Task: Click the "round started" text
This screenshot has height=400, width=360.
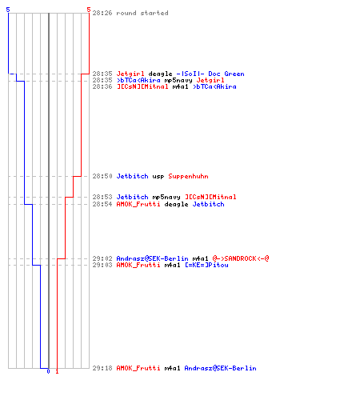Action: click(142, 13)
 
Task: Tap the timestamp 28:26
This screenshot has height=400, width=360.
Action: click(102, 13)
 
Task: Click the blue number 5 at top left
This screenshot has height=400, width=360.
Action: click(8, 10)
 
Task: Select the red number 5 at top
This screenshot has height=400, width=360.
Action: click(89, 10)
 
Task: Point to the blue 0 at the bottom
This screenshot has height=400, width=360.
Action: click(48, 371)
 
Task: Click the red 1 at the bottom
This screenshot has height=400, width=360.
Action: click(57, 371)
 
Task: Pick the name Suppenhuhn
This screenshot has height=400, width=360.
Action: click(188, 176)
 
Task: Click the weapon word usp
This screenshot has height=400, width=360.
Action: click(158, 177)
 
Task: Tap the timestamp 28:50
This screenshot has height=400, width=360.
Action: click(102, 176)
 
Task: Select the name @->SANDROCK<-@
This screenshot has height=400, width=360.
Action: click(241, 258)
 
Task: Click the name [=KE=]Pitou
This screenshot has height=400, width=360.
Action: click(206, 265)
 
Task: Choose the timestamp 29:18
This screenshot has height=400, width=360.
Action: click(102, 368)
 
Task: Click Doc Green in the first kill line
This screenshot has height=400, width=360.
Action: click(226, 74)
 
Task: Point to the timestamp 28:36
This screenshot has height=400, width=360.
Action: click(102, 86)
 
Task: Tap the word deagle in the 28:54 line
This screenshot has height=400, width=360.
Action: click(176, 205)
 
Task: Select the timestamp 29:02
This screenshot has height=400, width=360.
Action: click(102, 258)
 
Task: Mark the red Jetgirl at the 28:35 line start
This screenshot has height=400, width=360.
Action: click(130, 74)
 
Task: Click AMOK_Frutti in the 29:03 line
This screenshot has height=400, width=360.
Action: click(138, 265)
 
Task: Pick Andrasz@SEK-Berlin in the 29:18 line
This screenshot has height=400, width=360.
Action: click(220, 368)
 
